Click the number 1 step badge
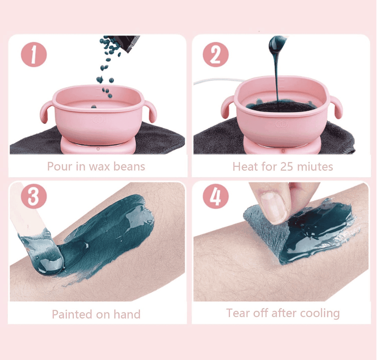click(x=33, y=54)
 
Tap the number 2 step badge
click(x=215, y=54)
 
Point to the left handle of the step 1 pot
click(x=46, y=111)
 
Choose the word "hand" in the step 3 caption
click(x=127, y=314)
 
